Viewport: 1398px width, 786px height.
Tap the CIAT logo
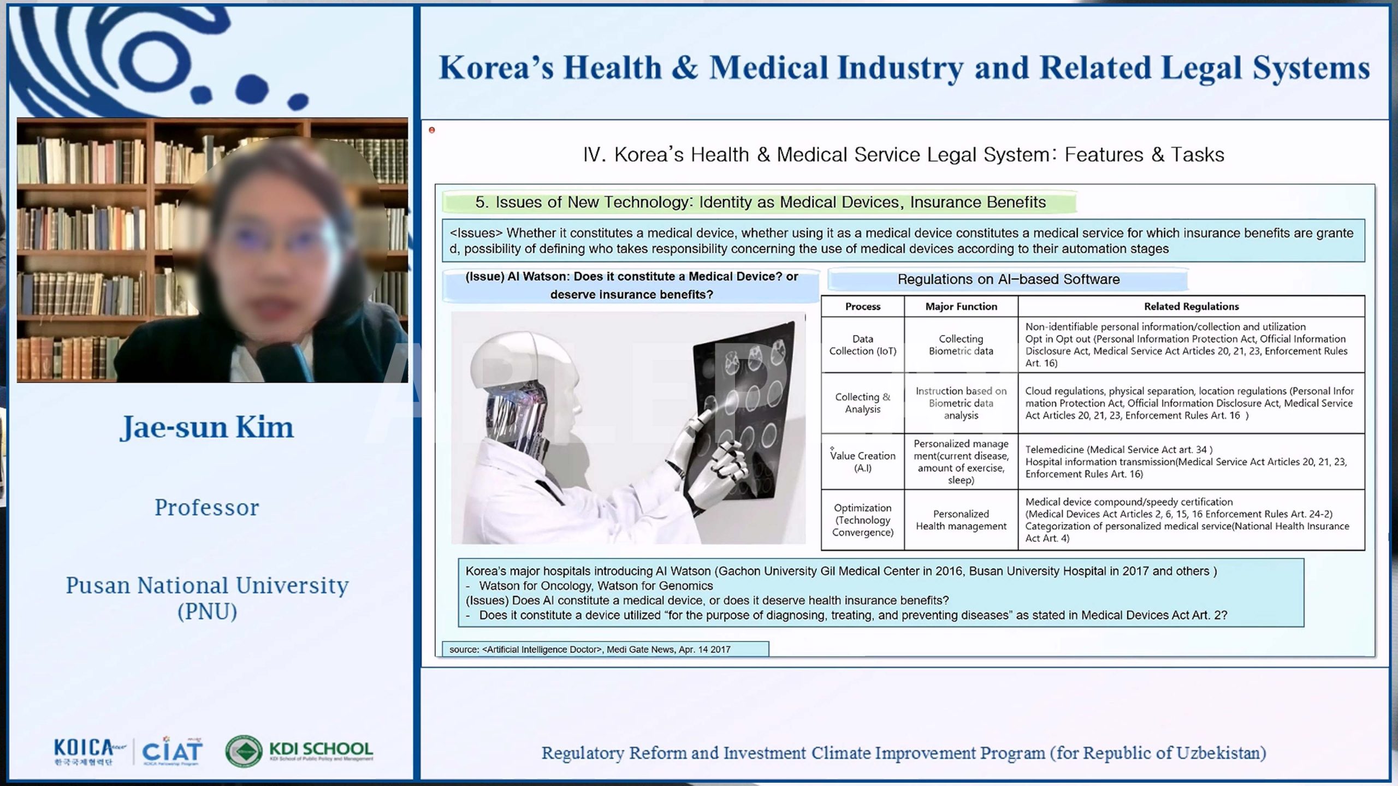click(172, 751)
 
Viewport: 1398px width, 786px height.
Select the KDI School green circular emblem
click(244, 751)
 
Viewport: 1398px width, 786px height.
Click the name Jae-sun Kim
click(207, 427)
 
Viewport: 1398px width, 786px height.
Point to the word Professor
click(207, 508)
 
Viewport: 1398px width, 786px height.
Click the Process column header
click(863, 306)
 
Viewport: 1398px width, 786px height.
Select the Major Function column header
click(961, 306)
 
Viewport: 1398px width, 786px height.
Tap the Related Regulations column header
click(1192, 306)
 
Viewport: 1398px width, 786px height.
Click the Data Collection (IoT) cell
click(863, 345)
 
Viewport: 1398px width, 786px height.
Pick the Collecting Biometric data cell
click(961, 345)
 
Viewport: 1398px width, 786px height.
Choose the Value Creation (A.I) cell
click(863, 462)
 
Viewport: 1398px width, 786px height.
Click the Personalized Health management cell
click(961, 520)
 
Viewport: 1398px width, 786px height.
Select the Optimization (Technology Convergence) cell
click(863, 520)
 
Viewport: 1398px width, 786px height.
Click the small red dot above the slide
click(432, 130)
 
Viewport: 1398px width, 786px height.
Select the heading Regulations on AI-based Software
click(1009, 279)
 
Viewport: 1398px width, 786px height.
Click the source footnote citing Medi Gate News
click(590, 650)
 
